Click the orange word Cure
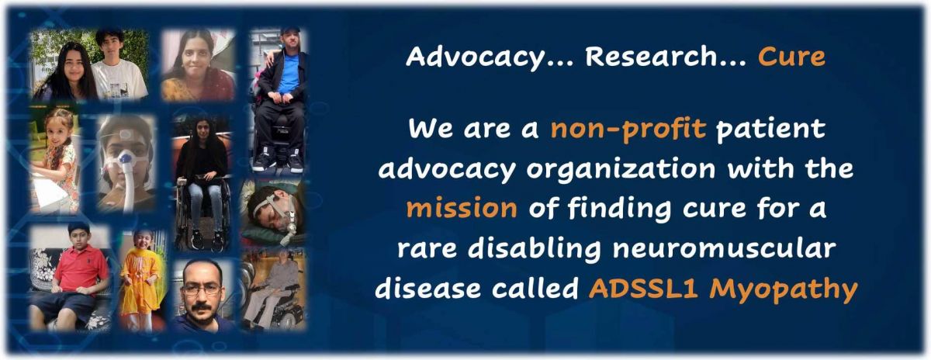pos(791,57)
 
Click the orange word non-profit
pos(628,129)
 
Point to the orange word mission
pos(462,208)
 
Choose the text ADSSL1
pos(643,288)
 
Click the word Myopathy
pos(784,289)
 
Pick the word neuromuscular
pos(724,248)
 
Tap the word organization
pos(621,170)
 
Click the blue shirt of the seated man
pos(288,74)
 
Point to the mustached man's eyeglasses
pos(201,289)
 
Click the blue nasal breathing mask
pos(125,159)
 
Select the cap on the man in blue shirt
pos(289,30)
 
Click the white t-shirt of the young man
pos(119,79)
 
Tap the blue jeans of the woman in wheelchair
pos(205,205)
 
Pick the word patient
pos(770,129)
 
